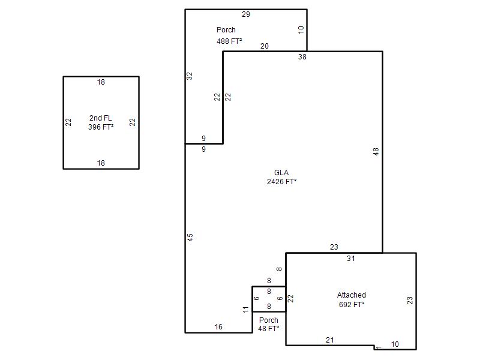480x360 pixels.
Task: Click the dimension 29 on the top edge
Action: pyautogui.click(x=246, y=14)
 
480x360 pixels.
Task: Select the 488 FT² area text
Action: pyautogui.click(x=229, y=41)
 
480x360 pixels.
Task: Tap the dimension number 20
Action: pyautogui.click(x=265, y=46)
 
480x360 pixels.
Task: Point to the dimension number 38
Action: pyautogui.click(x=302, y=57)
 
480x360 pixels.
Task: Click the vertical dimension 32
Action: pyautogui.click(x=190, y=76)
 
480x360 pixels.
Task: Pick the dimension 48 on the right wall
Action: pyautogui.click(x=376, y=151)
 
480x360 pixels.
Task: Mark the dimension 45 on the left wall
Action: pyautogui.click(x=190, y=237)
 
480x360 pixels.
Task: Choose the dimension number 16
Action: pyautogui.click(x=218, y=327)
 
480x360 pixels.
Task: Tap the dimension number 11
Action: pyautogui.click(x=246, y=310)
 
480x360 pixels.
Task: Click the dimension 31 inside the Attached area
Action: pyautogui.click(x=351, y=259)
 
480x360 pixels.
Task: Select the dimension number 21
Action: pyautogui.click(x=329, y=340)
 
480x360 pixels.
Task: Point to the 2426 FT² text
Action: pyautogui.click(x=281, y=182)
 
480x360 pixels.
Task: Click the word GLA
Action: pyautogui.click(x=281, y=173)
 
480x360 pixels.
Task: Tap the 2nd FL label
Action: pyautogui.click(x=100, y=118)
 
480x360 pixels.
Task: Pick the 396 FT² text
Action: pyautogui.click(x=101, y=127)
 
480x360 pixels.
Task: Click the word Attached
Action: pyautogui.click(x=352, y=295)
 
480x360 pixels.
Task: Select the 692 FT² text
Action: pyautogui.click(x=352, y=305)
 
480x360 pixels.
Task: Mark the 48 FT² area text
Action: pyautogui.click(x=268, y=329)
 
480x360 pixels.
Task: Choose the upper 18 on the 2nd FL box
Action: pyautogui.click(x=101, y=82)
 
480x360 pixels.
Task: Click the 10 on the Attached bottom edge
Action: pyautogui.click(x=395, y=344)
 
